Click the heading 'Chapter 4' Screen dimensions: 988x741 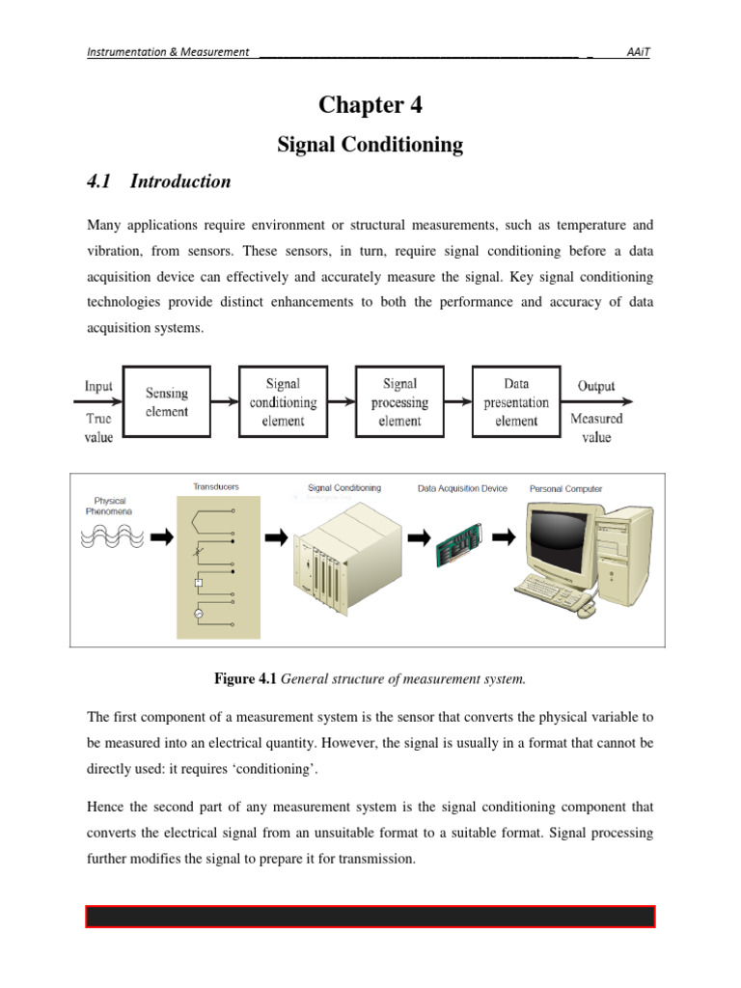[370, 104]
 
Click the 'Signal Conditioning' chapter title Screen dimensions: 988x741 [370, 145]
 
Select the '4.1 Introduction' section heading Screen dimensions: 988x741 [159, 181]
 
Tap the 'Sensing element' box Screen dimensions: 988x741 [167, 401]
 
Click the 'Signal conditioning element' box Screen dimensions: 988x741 [283, 401]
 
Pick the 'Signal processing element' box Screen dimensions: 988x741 [399, 401]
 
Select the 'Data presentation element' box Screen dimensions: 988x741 [516, 401]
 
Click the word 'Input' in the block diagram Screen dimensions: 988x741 [98, 386]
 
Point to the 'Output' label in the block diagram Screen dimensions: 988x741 [596, 386]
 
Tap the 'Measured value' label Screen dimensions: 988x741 [596, 427]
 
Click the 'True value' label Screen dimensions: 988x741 [98, 427]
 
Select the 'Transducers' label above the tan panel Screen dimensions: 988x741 [216, 487]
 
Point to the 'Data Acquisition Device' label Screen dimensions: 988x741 [462, 488]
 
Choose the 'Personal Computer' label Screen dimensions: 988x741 [565, 488]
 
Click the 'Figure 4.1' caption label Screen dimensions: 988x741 [244, 679]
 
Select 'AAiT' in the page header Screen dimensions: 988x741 [638, 52]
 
